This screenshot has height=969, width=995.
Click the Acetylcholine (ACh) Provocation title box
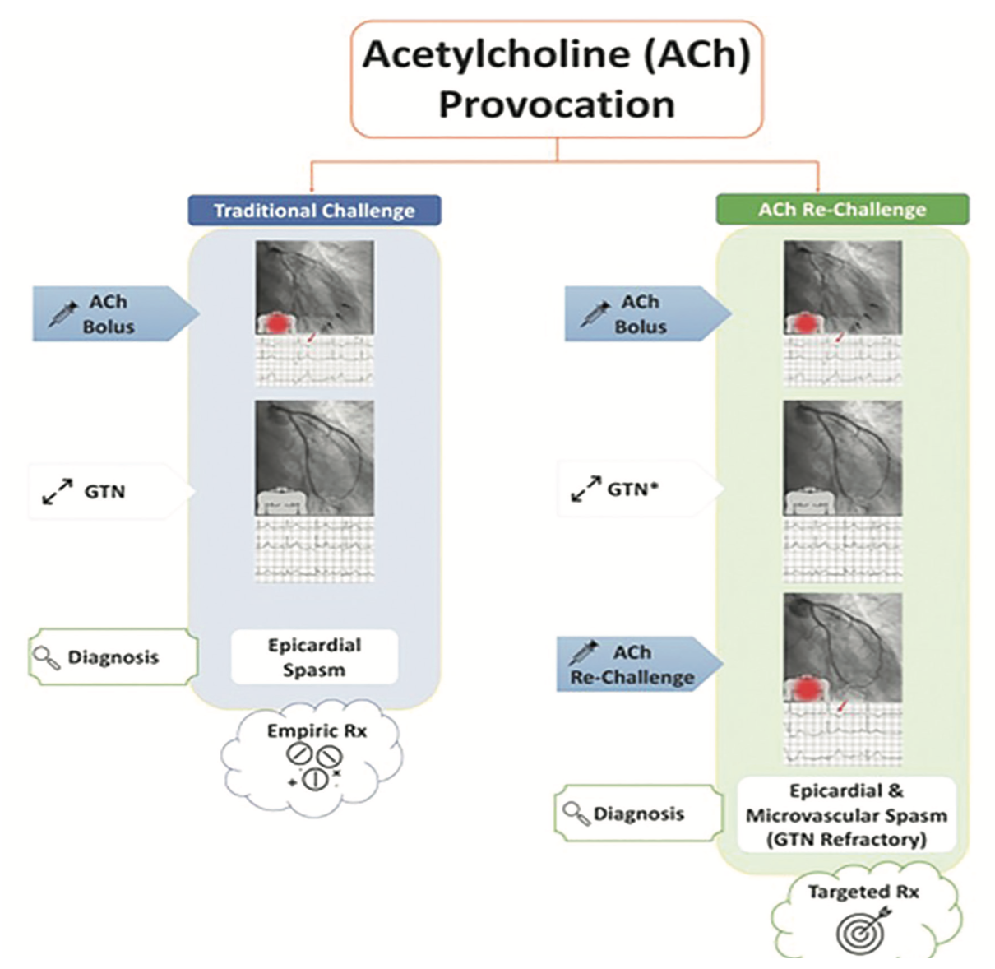coord(557,79)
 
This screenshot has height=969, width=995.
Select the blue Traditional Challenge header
coord(314,211)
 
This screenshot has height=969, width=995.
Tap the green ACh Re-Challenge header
coord(842,210)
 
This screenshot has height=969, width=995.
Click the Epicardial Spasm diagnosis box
coord(314,657)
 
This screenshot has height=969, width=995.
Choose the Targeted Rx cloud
coord(863,913)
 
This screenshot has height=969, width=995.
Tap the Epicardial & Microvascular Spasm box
coord(846,815)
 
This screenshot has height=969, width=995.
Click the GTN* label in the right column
coord(634,489)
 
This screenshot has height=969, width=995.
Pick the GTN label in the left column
coord(104,492)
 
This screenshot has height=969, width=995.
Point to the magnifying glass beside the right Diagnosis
coord(576,814)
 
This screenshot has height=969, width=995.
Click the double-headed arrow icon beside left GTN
coord(58,491)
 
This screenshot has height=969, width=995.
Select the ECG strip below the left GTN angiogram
coord(314,549)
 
